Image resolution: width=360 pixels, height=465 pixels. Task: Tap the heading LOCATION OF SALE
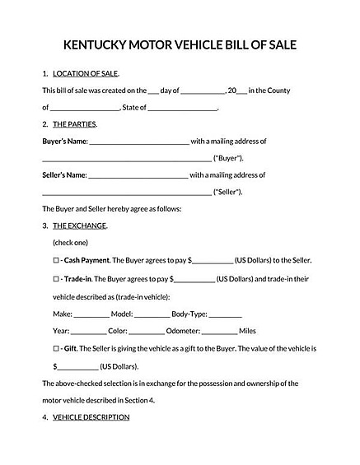click(85, 73)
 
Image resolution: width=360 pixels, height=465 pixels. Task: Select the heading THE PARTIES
click(74, 124)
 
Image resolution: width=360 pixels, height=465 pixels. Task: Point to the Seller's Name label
click(63, 174)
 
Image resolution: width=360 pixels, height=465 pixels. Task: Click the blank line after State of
click(183, 108)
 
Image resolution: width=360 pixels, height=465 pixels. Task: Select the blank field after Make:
click(91, 314)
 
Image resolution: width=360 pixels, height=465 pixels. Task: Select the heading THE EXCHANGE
click(79, 226)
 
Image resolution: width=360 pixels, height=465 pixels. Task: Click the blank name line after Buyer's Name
click(138, 142)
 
